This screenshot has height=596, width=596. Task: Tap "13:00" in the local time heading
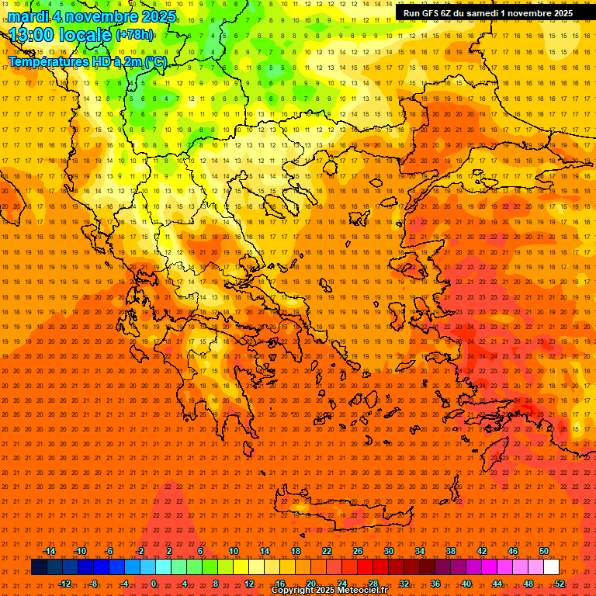pos(32,34)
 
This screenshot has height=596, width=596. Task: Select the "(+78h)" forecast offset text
pos(134,35)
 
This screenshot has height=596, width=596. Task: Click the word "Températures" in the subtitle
pos(45,61)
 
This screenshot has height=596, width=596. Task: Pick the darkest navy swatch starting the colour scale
pos(39,567)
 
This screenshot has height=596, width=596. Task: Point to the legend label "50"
pos(544,551)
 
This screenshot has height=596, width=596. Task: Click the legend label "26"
pos(358,551)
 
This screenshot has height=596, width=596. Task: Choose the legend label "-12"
pos(64,583)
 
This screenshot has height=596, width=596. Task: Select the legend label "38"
pos(451,551)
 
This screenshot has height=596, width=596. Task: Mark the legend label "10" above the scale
pos(234,551)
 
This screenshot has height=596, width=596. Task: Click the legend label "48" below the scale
pos(528,583)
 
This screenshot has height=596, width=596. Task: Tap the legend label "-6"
pos(109,551)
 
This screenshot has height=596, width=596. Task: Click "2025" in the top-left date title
pos(154,16)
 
